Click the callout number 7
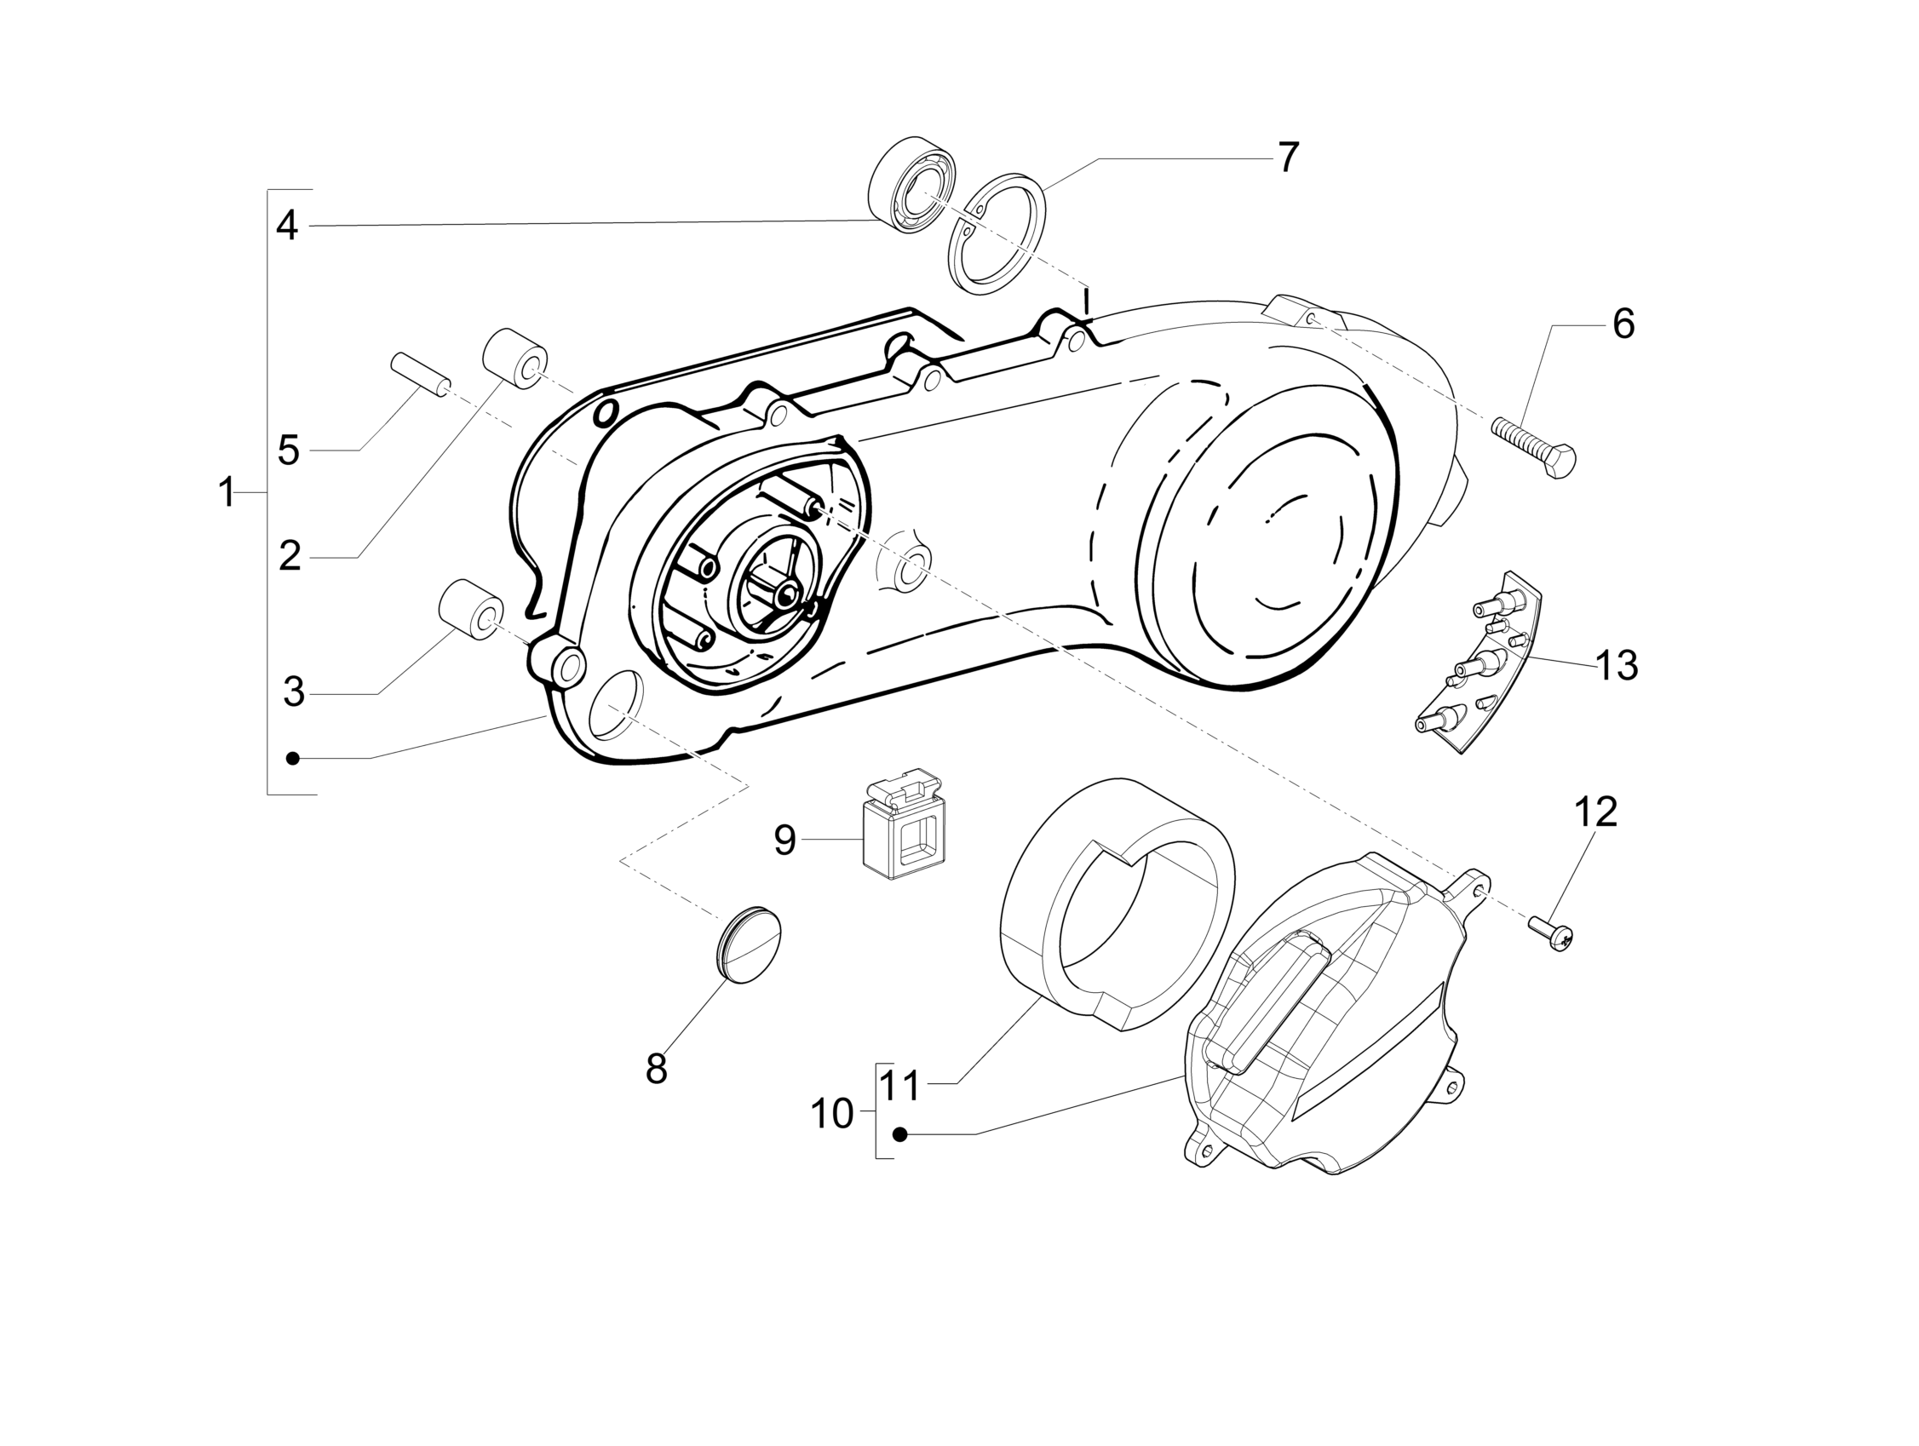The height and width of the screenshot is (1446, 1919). coord(1289,158)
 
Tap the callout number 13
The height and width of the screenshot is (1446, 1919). coord(1617,665)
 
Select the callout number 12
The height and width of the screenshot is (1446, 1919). coord(1595,812)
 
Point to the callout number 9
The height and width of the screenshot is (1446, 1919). coord(784,840)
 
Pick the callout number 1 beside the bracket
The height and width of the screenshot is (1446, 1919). coord(227,493)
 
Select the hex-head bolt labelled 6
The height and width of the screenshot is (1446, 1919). coord(1534,448)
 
